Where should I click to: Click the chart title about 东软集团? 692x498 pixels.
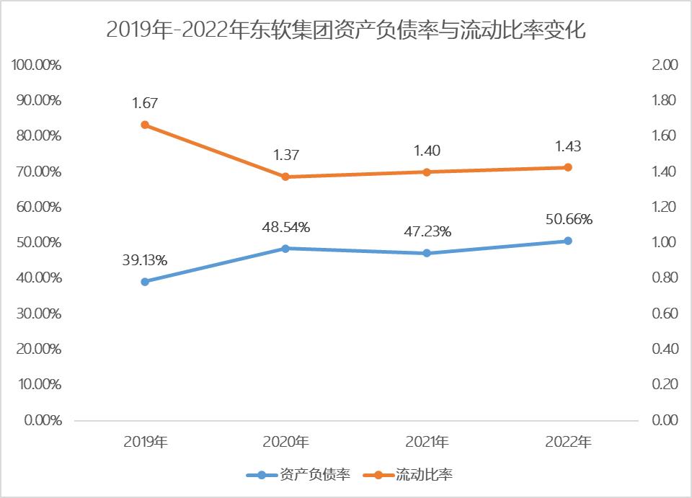pyautogui.click(x=346, y=30)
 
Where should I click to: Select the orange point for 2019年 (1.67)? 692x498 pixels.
pyautogui.click(x=145, y=125)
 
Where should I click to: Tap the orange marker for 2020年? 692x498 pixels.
pyautogui.click(x=285, y=177)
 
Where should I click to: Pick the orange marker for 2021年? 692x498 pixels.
pyautogui.click(x=427, y=172)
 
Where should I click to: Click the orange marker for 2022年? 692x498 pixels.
pyautogui.click(x=567, y=167)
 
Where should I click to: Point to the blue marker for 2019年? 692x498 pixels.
pyautogui.click(x=145, y=282)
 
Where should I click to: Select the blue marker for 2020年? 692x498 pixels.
pyautogui.click(x=285, y=249)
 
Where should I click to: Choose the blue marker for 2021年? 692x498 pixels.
pyautogui.click(x=427, y=253)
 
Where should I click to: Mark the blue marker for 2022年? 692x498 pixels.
pyautogui.click(x=567, y=241)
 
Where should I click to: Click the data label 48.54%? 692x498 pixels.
pyautogui.click(x=285, y=228)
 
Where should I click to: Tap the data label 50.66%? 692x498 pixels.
pyautogui.click(x=567, y=220)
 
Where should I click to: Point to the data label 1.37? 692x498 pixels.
pyautogui.click(x=285, y=155)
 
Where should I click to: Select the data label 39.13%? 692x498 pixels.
pyautogui.click(x=144, y=261)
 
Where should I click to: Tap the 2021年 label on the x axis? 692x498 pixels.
pyautogui.click(x=427, y=442)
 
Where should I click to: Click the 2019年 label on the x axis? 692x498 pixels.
pyautogui.click(x=145, y=442)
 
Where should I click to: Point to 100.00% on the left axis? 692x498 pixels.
pyautogui.click(x=37, y=65)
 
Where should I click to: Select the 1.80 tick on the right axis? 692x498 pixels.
pyautogui.click(x=664, y=100)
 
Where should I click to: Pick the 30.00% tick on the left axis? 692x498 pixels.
pyautogui.click(x=38, y=314)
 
